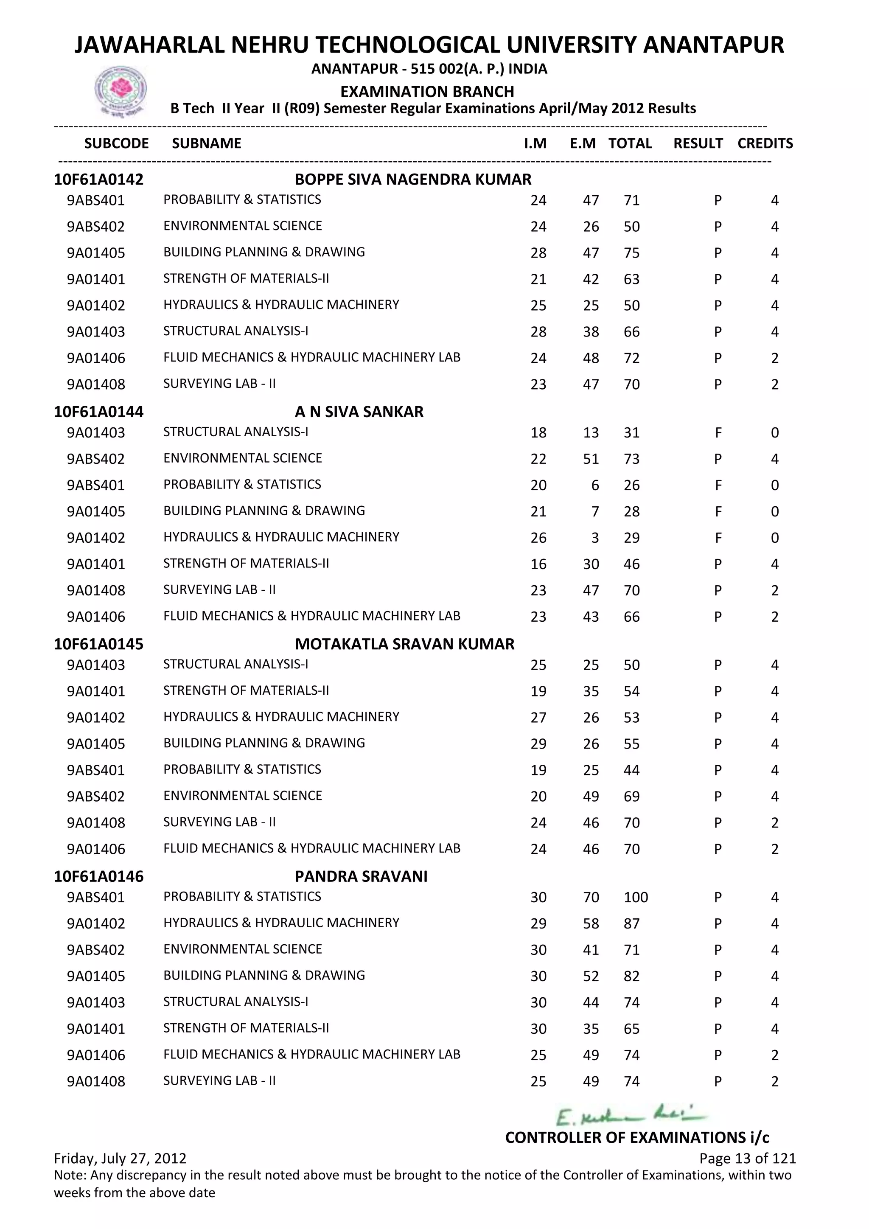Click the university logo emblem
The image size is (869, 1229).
121,90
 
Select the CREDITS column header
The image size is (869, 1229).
765,143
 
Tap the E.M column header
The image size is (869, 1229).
583,143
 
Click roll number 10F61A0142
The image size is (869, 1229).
98,180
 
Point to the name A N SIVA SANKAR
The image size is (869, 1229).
359,412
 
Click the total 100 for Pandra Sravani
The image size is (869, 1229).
636,897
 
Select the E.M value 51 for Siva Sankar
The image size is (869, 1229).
591,459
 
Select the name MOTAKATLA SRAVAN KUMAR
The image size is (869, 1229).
404,644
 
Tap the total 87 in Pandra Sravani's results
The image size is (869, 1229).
631,923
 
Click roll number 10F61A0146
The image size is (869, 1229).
98,876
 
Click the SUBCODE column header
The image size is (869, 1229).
116,143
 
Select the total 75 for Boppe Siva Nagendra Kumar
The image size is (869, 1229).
631,253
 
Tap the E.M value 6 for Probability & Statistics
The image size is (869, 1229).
594,485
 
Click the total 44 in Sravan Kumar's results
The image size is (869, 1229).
631,770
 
